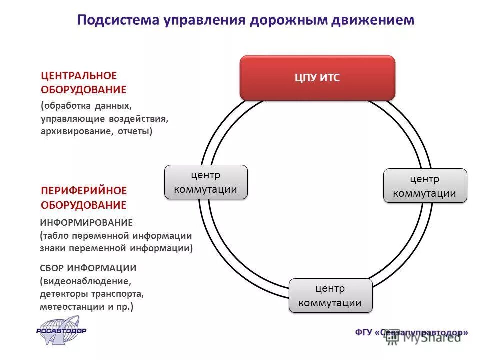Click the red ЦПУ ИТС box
click(x=317, y=78)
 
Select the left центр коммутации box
click(x=206, y=182)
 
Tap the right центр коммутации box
click(x=425, y=186)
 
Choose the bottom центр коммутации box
click(x=330, y=296)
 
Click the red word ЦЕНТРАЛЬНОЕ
click(x=79, y=76)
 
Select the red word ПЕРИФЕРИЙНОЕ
click(x=84, y=191)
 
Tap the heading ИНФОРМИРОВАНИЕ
click(x=86, y=222)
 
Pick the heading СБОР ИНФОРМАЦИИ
click(x=88, y=268)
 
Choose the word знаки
click(x=53, y=248)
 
